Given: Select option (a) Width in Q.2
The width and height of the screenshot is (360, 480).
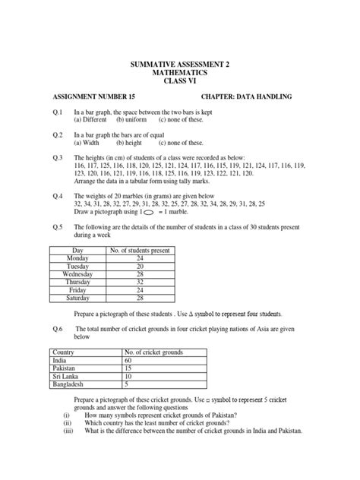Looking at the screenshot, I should coord(90,142).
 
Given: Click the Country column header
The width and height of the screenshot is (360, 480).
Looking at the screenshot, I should coord(64,353).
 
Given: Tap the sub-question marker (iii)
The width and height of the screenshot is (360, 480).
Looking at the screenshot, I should coord(68,431).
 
